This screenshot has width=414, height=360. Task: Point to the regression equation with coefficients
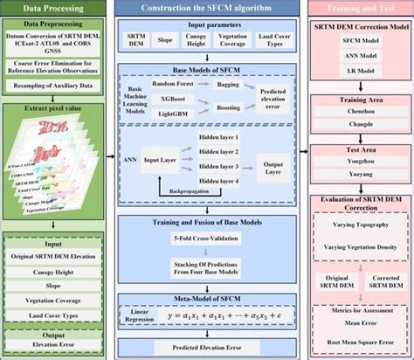[231, 313]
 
